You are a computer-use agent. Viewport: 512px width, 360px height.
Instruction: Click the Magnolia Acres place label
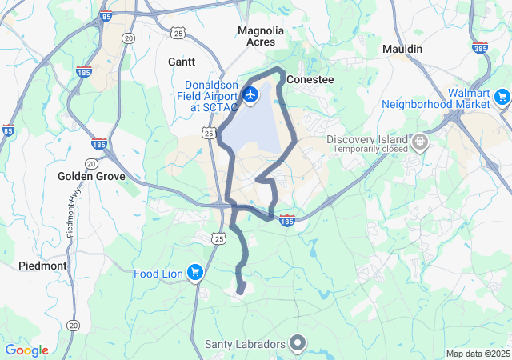[261, 36]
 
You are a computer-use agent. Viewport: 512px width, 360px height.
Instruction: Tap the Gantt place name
[181, 61]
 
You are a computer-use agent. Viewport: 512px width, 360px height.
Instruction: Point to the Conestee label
[310, 80]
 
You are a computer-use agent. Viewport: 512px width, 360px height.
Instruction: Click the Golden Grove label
[89, 176]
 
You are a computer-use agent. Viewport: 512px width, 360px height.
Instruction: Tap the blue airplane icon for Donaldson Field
[250, 95]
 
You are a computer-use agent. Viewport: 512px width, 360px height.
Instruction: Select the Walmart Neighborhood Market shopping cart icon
[502, 98]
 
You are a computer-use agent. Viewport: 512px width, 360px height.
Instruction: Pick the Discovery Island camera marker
[420, 142]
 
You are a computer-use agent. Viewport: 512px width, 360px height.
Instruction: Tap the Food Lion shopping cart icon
[194, 273]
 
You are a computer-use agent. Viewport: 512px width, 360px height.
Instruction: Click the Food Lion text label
[158, 274]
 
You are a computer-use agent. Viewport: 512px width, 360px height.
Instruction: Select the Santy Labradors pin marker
[298, 344]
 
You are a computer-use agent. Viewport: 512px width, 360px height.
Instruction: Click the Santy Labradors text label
[245, 345]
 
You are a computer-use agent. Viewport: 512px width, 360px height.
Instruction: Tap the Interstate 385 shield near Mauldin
[480, 47]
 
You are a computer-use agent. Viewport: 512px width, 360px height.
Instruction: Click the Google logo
[26, 350]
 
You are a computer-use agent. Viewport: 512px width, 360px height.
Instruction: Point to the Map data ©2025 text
[477, 354]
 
